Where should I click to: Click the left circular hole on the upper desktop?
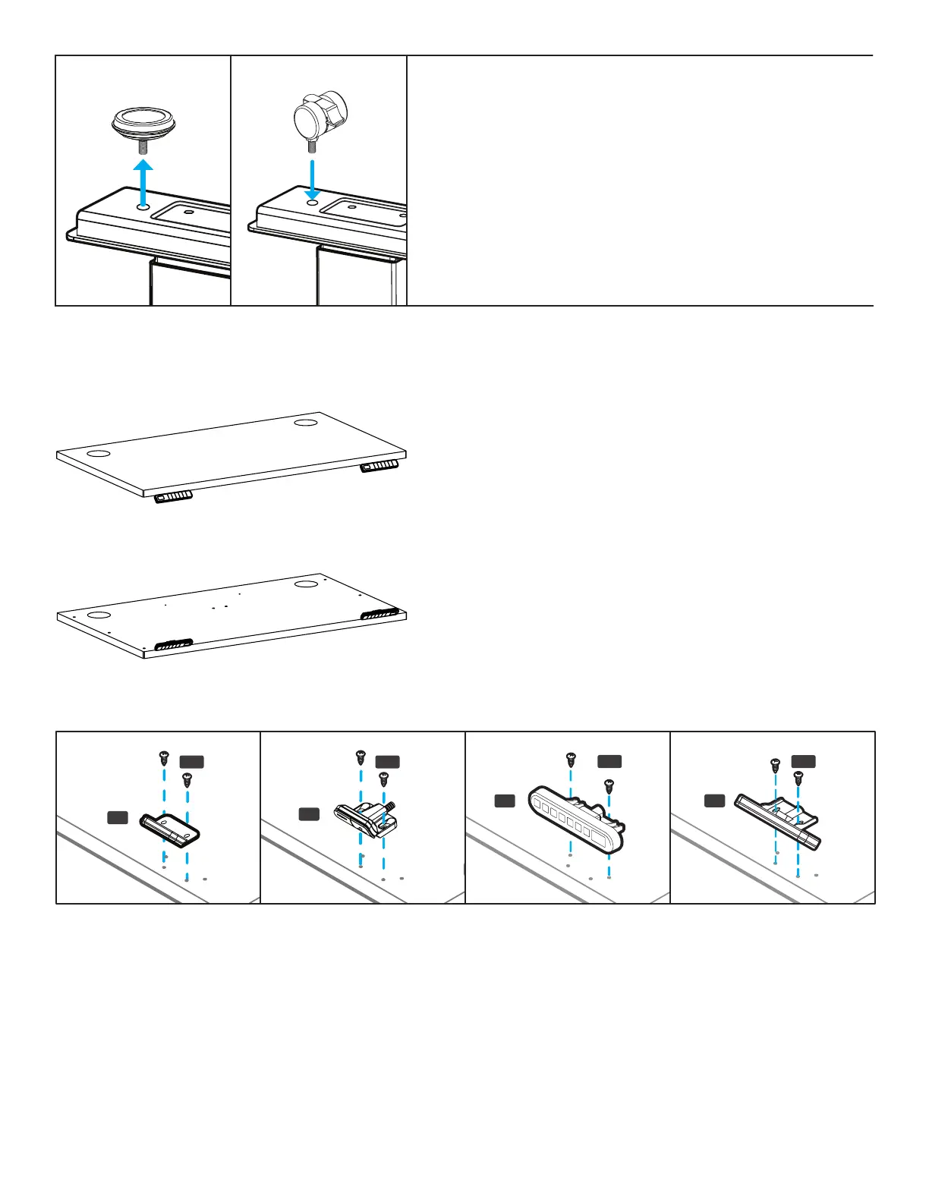(97, 454)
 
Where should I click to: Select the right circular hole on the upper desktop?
(307, 421)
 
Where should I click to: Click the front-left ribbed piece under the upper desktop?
(173, 496)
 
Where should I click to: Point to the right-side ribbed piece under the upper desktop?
(379, 465)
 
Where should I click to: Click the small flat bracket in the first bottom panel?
(170, 828)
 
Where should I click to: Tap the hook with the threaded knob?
(366, 817)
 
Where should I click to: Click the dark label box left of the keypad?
(505, 801)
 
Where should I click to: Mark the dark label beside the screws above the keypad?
(609, 761)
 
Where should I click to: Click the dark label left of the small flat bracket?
(117, 817)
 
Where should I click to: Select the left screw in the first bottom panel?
(163, 757)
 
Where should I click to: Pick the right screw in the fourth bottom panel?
(798, 777)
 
